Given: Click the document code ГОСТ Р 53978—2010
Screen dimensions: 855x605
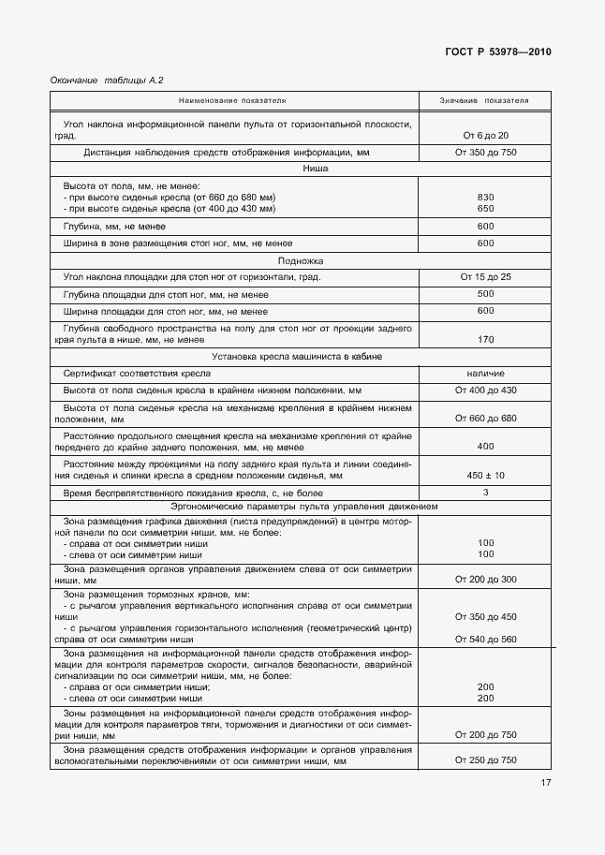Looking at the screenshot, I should point(497,52).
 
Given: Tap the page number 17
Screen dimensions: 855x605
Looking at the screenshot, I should point(545,783).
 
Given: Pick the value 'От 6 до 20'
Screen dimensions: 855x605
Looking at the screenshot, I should point(484,136).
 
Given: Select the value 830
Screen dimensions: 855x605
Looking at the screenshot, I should point(484,197).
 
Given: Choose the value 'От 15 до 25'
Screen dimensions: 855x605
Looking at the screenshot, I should point(484,277).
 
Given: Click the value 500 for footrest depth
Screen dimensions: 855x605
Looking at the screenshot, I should point(484,294).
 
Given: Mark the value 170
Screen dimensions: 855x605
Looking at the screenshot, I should point(484,339).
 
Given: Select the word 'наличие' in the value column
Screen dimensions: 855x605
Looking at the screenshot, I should point(484,373).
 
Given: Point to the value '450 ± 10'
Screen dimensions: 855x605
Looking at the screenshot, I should point(484,475).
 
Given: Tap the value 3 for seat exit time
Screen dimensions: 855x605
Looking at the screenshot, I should point(484,492).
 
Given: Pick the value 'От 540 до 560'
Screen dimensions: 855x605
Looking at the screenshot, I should point(484,639).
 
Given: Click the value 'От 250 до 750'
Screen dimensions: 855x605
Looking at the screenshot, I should point(484,760).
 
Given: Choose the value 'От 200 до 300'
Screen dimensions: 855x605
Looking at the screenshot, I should point(484,580).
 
